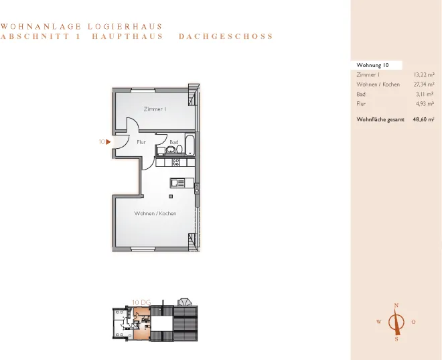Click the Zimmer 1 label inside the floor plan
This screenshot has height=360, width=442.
[x=155, y=109]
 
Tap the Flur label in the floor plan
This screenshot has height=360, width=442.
[x=141, y=142]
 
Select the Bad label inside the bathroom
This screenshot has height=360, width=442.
[x=174, y=142]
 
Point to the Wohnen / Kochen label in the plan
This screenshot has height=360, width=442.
[x=155, y=214]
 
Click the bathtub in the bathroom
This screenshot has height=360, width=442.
[x=190, y=145]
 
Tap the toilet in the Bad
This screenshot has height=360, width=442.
[x=179, y=149]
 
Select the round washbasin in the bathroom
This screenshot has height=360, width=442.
[x=170, y=149]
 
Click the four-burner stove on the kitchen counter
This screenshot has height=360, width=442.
[x=175, y=162]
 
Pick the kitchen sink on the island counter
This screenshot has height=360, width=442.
[x=177, y=184]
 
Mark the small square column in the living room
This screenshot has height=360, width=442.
[x=171, y=196]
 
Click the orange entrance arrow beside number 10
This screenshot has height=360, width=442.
[x=108, y=142]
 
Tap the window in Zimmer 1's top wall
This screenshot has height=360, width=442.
[x=143, y=91]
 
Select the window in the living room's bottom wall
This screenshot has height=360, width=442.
[x=143, y=249]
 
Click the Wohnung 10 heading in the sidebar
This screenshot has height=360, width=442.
[x=372, y=65]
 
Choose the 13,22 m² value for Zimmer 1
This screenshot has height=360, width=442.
[x=424, y=75]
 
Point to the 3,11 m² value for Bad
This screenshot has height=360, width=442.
[x=425, y=95]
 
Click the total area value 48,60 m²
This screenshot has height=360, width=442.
[x=423, y=119]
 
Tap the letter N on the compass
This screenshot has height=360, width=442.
[x=396, y=305]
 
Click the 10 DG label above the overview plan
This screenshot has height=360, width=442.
[x=141, y=302]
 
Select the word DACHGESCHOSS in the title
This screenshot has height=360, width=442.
[x=226, y=36]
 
